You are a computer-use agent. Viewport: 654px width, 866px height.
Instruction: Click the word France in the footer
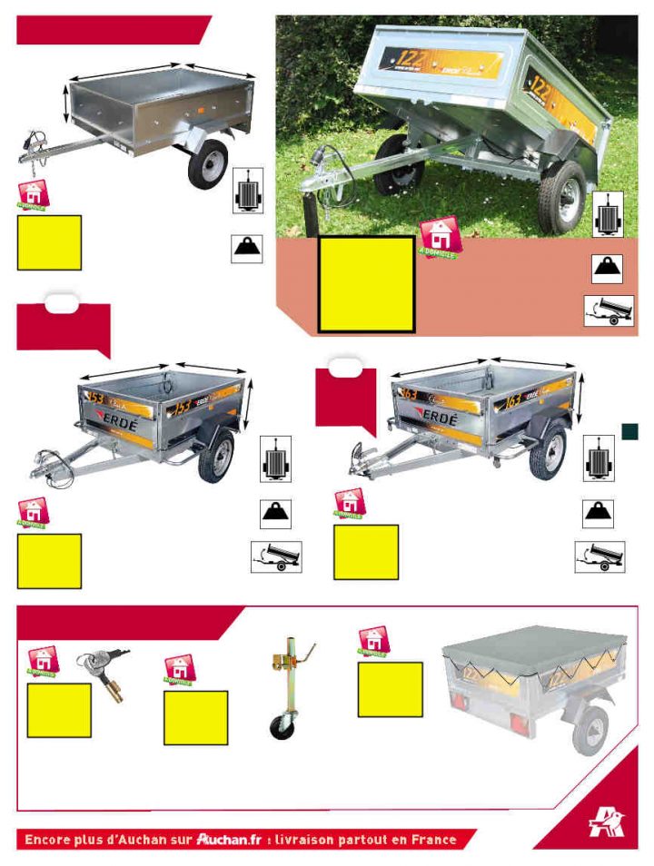tap(427, 839)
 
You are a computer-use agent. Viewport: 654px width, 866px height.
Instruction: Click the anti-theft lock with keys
tap(104, 673)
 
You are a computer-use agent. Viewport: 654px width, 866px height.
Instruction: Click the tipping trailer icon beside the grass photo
tap(609, 310)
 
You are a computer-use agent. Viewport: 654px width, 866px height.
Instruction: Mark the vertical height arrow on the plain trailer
tap(65, 103)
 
